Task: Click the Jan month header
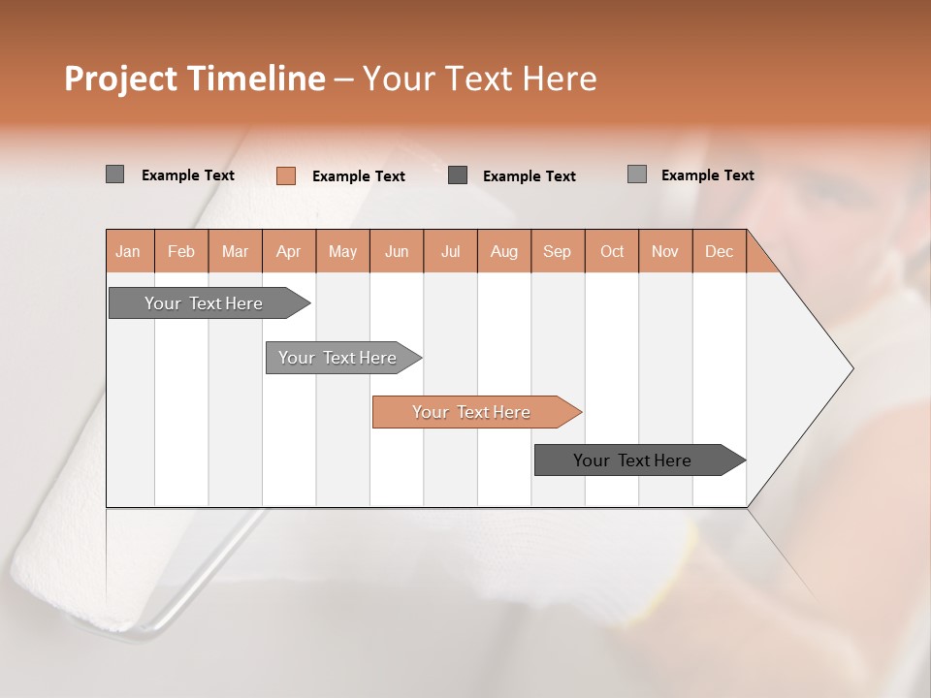[x=129, y=251]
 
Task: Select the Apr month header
[x=289, y=251]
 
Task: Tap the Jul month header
[x=451, y=251]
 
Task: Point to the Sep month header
[x=558, y=251]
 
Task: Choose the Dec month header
[x=720, y=251]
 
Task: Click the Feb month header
[x=181, y=251]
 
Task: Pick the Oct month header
[x=612, y=251]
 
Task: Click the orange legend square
[x=285, y=175]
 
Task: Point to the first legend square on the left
[x=114, y=174]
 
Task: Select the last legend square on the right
[x=636, y=174]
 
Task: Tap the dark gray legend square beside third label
[x=458, y=174]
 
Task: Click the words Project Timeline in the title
[x=194, y=79]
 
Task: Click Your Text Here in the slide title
[x=479, y=79]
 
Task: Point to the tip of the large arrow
[x=851, y=368]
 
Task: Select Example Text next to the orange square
[x=358, y=176]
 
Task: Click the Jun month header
[x=397, y=251]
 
